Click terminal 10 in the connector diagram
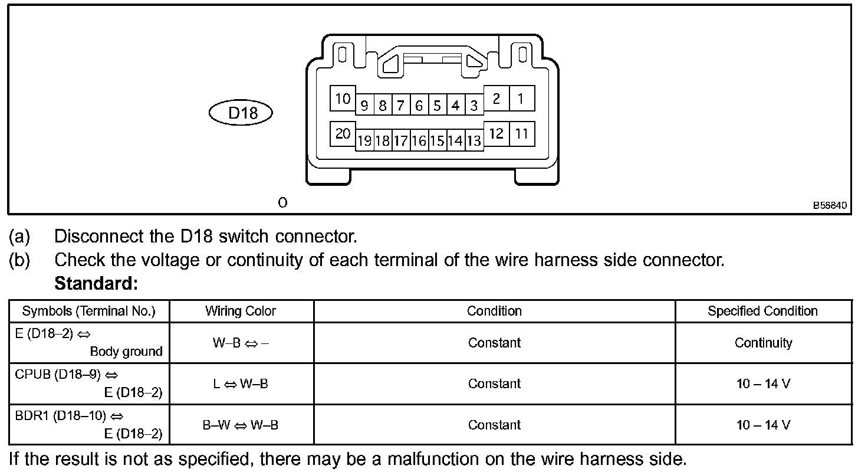pyautogui.click(x=343, y=99)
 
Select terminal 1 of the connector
pyautogui.click(x=521, y=99)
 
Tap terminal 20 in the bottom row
pyautogui.click(x=343, y=134)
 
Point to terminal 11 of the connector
pyautogui.click(x=521, y=134)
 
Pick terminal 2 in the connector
pyautogui.click(x=497, y=99)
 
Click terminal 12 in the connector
pyautogui.click(x=497, y=134)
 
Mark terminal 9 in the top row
pyautogui.click(x=364, y=106)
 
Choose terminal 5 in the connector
pyautogui.click(x=437, y=106)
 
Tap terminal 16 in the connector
pyautogui.click(x=419, y=141)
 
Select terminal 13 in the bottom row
pyautogui.click(x=474, y=141)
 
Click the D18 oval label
pyautogui.click(x=241, y=113)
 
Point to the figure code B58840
pyautogui.click(x=830, y=206)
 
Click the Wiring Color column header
pyautogui.click(x=241, y=311)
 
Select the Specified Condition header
pyautogui.click(x=762, y=311)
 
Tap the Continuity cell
pyautogui.click(x=763, y=343)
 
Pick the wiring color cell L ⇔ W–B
pyautogui.click(x=241, y=384)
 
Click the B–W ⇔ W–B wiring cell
pyautogui.click(x=241, y=425)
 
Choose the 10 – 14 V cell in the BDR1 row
pyautogui.click(x=763, y=425)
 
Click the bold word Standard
pyautogui.click(x=96, y=284)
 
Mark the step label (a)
pyautogui.click(x=19, y=237)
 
